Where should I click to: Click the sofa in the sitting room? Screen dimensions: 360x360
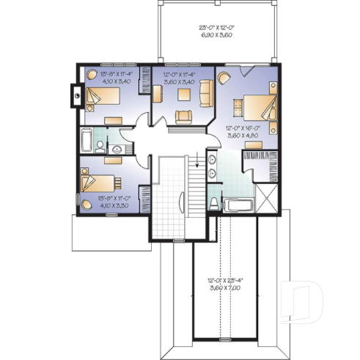pos(206,93)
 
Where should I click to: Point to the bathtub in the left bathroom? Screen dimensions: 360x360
pos(86,140)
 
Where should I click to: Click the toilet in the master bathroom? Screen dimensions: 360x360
pos(213,201)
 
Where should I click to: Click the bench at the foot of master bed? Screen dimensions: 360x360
pos(236,107)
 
